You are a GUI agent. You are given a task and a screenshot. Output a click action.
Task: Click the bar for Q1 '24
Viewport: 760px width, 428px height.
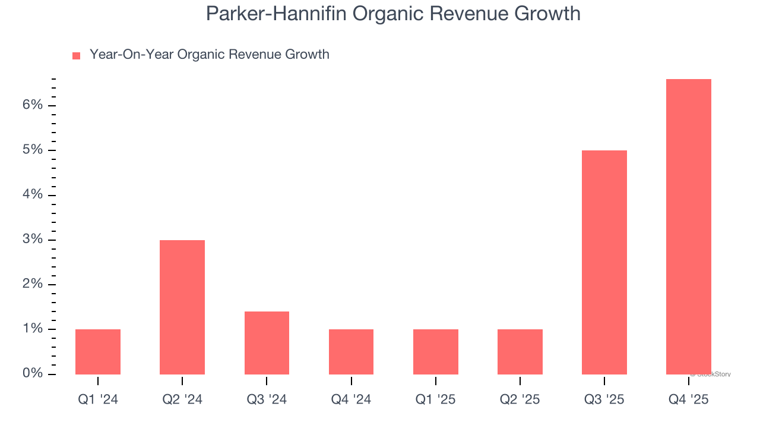pyautogui.click(x=98, y=352)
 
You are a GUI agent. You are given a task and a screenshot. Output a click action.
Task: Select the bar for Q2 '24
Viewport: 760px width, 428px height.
pyautogui.click(x=182, y=307)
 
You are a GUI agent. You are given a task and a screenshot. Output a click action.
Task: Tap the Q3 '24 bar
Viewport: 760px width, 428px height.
pyautogui.click(x=267, y=343)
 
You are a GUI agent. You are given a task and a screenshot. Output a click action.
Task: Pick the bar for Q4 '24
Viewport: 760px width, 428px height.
pyautogui.click(x=351, y=352)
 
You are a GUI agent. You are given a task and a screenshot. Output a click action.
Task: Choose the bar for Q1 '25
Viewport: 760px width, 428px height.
pyautogui.click(x=436, y=352)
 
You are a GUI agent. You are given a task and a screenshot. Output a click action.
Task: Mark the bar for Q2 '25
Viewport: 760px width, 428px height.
pyautogui.click(x=520, y=352)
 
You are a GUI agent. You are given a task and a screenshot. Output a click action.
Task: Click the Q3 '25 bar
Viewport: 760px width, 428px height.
pyautogui.click(x=604, y=262)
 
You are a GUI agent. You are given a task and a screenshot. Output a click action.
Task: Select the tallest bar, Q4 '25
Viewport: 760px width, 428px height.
pyautogui.click(x=689, y=226)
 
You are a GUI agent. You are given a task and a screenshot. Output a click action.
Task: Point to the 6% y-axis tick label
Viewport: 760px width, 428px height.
pyautogui.click(x=33, y=105)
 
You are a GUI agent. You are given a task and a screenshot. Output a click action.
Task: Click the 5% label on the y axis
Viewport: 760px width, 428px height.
pyautogui.click(x=33, y=150)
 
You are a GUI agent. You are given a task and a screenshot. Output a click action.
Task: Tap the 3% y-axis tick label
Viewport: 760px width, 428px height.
pyautogui.click(x=33, y=240)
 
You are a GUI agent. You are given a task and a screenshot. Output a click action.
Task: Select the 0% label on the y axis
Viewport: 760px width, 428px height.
pyautogui.click(x=33, y=373)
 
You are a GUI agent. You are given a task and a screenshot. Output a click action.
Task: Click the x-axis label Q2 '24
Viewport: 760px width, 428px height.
pyautogui.click(x=182, y=399)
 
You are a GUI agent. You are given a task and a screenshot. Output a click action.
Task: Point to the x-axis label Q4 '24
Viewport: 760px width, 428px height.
pyautogui.click(x=351, y=399)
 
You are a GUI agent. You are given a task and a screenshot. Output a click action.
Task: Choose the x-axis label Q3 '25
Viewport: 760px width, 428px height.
pyautogui.click(x=604, y=399)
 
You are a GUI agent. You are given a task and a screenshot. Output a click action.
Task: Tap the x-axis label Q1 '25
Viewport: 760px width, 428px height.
pyautogui.click(x=436, y=399)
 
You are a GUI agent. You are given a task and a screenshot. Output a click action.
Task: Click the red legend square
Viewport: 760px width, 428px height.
pyautogui.click(x=76, y=56)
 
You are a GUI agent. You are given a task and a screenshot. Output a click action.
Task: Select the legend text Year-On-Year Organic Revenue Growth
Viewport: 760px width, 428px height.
pyautogui.click(x=209, y=55)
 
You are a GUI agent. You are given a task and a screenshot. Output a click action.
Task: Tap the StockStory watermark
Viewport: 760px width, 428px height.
pyautogui.click(x=711, y=374)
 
